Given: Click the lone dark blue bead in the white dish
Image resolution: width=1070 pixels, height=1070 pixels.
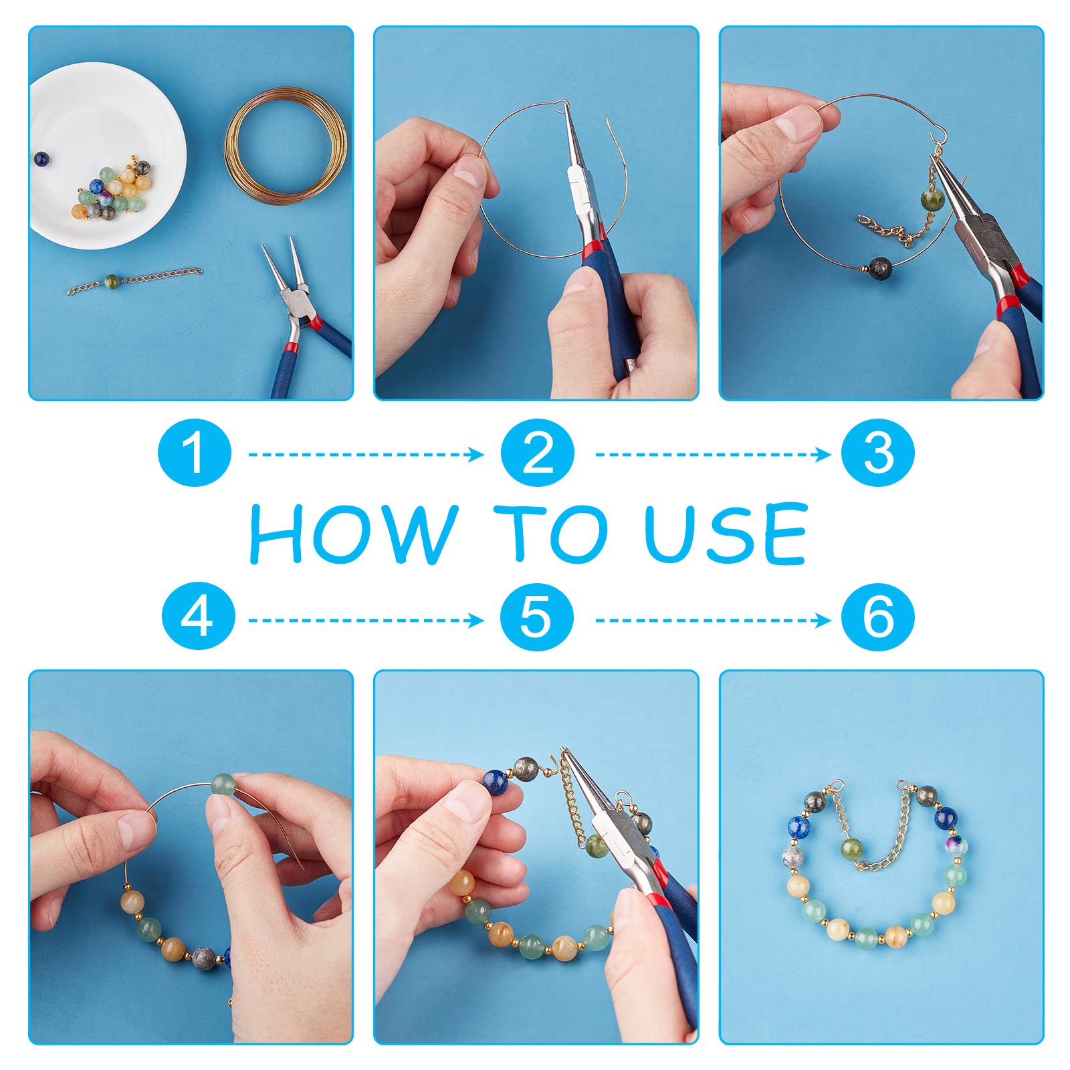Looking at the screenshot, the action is (x=41, y=158).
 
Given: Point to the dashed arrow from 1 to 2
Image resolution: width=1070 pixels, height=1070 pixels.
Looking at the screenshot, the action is (x=366, y=455).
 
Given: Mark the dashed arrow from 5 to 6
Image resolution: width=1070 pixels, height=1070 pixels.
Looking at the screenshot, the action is (x=713, y=621).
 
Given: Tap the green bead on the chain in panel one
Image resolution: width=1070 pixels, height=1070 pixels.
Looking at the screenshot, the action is (x=112, y=280).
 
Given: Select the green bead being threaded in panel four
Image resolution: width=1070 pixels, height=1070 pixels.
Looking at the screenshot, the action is (x=225, y=785).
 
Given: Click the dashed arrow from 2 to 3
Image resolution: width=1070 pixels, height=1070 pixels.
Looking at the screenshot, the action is (x=713, y=455).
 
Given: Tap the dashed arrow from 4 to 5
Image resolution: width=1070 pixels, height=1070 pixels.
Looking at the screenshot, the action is (x=366, y=621).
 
